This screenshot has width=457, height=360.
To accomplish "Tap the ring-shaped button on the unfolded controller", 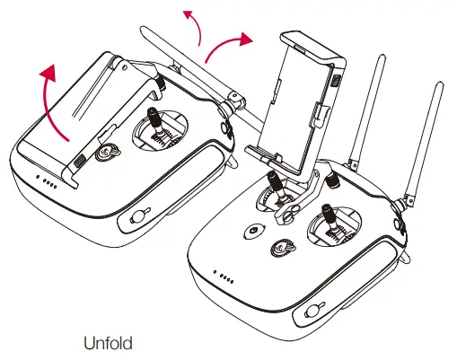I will point(254,230).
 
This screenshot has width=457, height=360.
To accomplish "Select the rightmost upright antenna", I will point(428,135).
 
